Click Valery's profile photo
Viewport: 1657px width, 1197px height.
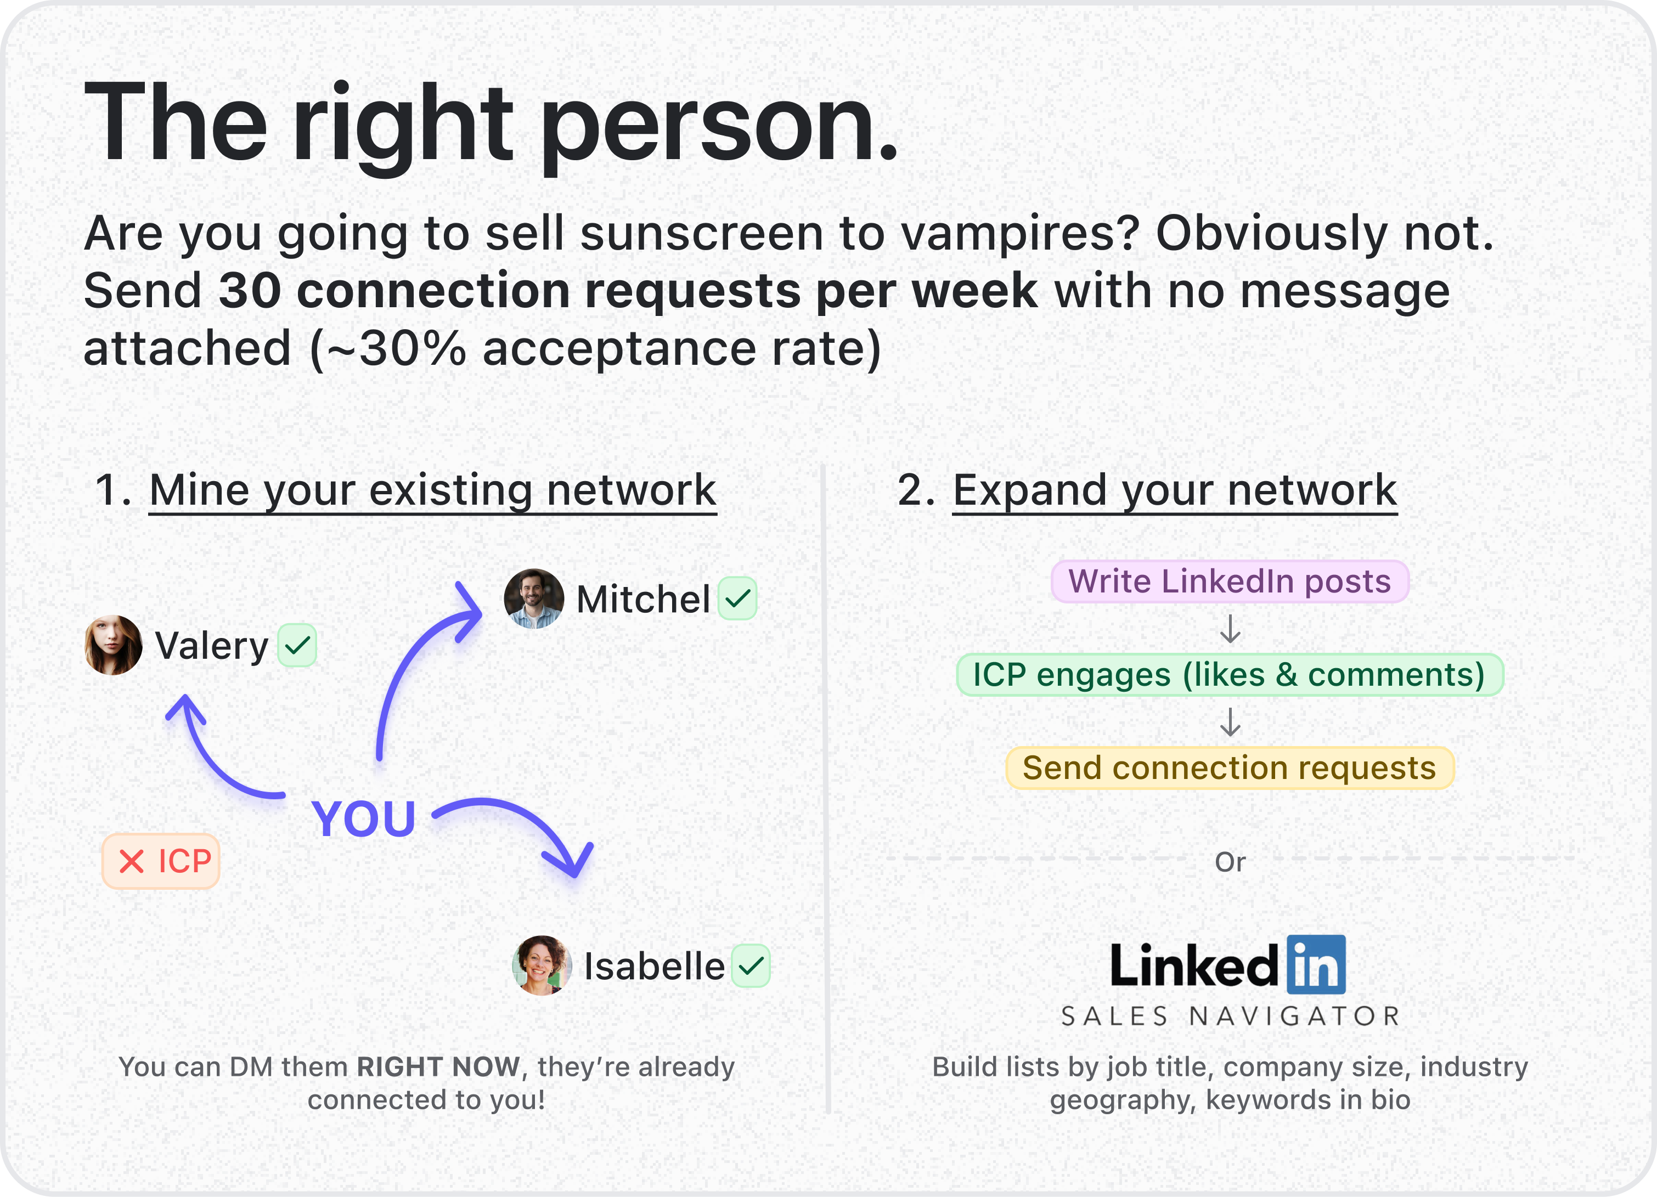pos(113,645)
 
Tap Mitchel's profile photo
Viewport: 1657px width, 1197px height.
pos(534,598)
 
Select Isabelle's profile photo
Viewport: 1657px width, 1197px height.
pos(542,965)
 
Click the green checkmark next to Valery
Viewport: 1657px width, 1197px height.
pos(297,646)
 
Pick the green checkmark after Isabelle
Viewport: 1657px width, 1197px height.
pos(751,966)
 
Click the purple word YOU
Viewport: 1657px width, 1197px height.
pos(364,818)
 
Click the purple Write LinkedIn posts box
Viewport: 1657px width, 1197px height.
pos(1230,581)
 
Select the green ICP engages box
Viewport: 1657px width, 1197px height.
pos(1230,675)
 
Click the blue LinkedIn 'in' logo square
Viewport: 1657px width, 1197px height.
pos(1316,965)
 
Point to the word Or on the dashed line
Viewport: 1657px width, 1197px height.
pos(1230,862)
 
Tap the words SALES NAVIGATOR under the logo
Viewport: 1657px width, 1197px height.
pos(1230,1017)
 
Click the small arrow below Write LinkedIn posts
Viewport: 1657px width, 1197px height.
pos(1230,629)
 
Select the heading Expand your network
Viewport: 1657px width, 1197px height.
pos(1175,489)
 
